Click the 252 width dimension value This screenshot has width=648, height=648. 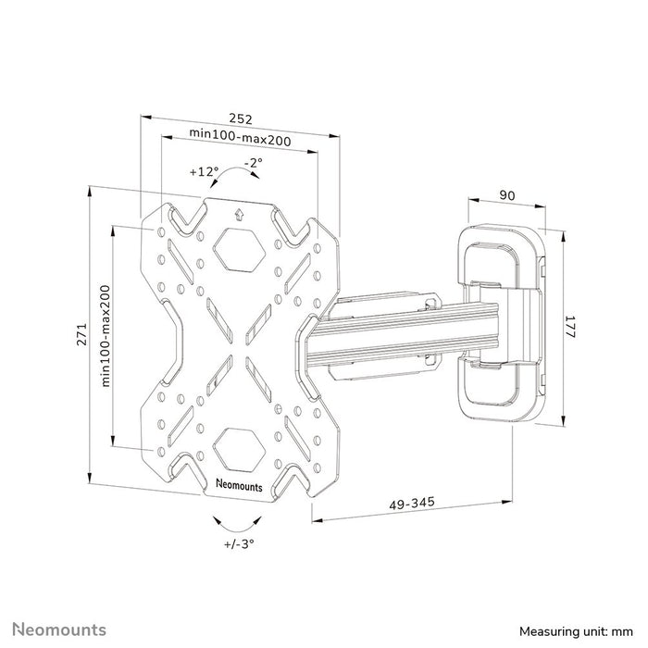240,119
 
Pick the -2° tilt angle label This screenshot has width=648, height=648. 253,163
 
